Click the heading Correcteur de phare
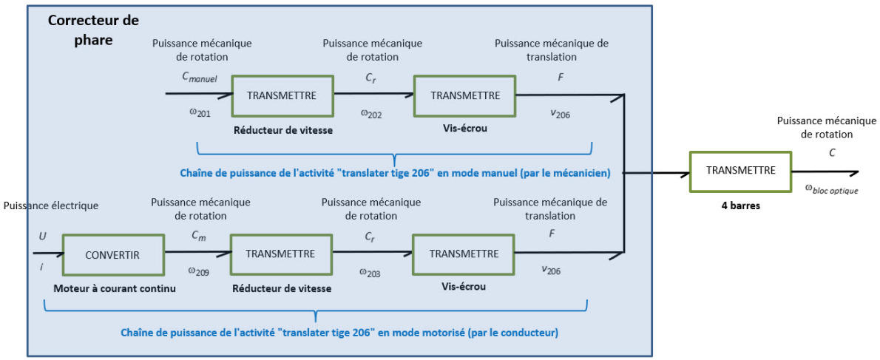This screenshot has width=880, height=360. click(94, 30)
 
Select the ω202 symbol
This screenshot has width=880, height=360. click(370, 114)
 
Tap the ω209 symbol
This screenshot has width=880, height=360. click(198, 272)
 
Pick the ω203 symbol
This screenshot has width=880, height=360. click(370, 273)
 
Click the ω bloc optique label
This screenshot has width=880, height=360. click(832, 191)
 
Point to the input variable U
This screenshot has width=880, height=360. click(43, 237)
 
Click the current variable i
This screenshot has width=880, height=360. click(41, 267)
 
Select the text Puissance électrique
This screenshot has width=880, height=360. click(50, 206)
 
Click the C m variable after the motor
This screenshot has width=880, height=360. click(199, 237)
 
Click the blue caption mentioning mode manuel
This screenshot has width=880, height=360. click(395, 174)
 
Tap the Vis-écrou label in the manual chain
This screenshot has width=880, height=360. click(464, 127)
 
